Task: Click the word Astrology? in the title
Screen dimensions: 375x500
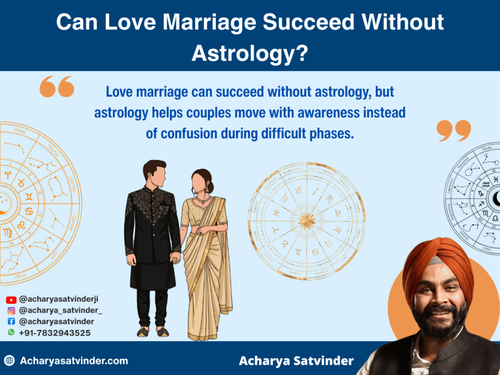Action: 250,52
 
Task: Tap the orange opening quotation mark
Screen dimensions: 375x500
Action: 57,87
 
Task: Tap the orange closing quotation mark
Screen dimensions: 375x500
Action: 454,130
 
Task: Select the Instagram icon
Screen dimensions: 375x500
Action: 11,311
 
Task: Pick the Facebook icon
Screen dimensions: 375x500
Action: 11,322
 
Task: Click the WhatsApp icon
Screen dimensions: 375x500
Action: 11,333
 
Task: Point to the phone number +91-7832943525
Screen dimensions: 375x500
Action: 55,333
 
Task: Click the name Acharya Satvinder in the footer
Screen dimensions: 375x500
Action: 296,361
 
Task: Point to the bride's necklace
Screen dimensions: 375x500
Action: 203,201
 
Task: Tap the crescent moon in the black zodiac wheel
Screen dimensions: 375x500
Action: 496,198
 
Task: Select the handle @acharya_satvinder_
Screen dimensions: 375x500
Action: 61,311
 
